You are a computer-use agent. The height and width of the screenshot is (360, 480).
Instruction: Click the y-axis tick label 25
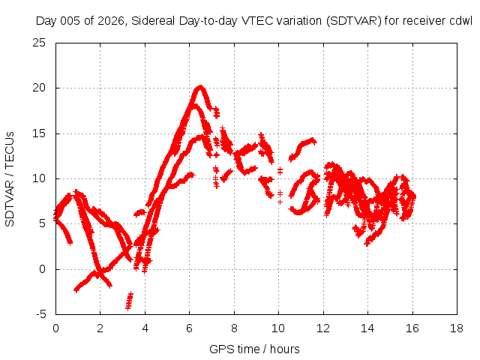(x=39, y=43)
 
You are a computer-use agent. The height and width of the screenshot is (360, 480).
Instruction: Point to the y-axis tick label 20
(x=39, y=88)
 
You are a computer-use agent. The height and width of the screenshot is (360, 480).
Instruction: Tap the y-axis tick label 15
(x=39, y=133)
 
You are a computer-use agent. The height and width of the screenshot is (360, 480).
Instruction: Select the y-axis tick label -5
(x=40, y=314)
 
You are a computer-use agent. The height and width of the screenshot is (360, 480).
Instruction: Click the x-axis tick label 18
(x=457, y=328)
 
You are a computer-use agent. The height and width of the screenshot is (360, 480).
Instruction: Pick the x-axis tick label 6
(x=189, y=328)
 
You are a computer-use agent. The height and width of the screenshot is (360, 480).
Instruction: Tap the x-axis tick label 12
(x=323, y=328)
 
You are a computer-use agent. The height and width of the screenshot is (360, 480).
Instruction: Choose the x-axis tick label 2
(x=100, y=328)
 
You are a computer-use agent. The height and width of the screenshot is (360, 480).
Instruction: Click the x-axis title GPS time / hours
(x=254, y=349)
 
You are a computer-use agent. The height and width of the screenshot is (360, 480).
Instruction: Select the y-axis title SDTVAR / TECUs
(x=10, y=179)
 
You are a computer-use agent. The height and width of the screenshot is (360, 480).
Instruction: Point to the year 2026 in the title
(x=110, y=21)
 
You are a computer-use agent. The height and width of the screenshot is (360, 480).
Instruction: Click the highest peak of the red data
(x=200, y=87)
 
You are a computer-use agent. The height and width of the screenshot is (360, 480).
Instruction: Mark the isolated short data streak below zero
(x=130, y=301)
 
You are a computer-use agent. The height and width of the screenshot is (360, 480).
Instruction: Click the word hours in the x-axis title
(x=285, y=349)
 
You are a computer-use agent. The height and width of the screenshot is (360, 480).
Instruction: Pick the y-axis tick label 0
(x=42, y=269)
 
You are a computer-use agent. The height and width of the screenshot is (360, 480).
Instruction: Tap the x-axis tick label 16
(x=412, y=328)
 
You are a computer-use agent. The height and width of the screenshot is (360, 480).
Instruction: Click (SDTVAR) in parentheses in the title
(x=353, y=21)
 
